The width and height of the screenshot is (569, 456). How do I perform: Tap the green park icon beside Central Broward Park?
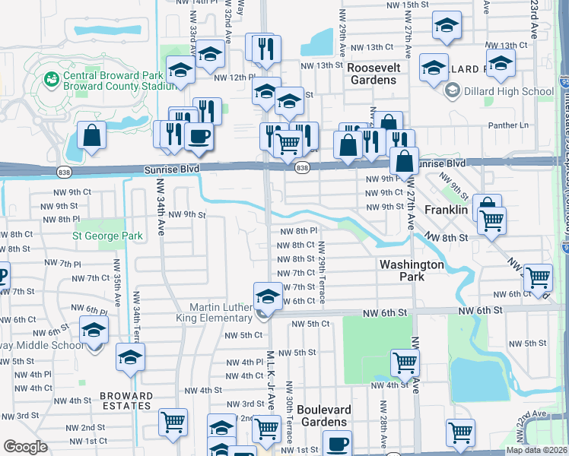click(52, 78)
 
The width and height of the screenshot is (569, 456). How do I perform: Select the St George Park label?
click(107, 236)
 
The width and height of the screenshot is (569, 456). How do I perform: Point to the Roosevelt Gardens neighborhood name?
click(374, 74)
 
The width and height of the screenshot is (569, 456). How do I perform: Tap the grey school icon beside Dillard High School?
click(452, 92)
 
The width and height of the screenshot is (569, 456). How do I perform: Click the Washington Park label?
click(412, 271)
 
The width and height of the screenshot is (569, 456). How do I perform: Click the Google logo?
click(25, 446)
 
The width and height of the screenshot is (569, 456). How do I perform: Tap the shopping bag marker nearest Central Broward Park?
click(91, 138)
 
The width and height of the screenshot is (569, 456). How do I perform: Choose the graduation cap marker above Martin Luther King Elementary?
click(267, 296)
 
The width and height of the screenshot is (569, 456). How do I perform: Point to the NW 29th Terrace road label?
click(323, 272)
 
